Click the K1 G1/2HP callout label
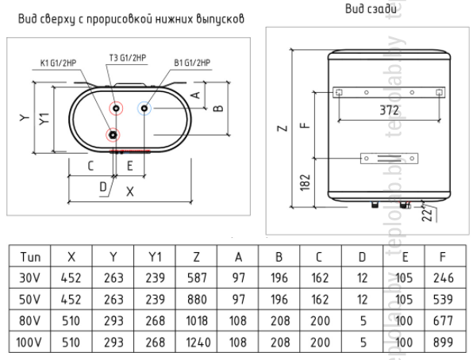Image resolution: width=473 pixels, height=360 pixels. [58, 63]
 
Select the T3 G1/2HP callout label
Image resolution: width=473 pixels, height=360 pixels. [128, 58]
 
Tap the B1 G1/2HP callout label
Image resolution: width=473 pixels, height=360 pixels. [192, 63]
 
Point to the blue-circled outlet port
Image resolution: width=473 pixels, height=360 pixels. [144, 109]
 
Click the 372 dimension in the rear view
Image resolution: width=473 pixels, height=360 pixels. [389, 110]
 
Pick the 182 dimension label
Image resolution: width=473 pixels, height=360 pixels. [306, 182]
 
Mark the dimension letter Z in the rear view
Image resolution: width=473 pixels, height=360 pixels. [283, 128]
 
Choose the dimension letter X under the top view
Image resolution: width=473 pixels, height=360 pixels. [130, 191]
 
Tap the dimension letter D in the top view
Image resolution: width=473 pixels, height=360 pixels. [103, 187]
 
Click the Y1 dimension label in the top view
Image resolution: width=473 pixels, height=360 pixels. [44, 118]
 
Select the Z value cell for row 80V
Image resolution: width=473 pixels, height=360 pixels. [196, 321]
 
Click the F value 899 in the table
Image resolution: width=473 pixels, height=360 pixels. [443, 343]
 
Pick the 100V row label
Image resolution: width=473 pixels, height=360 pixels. [29, 343]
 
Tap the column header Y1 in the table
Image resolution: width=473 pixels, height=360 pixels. [155, 257]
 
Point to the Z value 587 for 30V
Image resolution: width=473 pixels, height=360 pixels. [197, 278]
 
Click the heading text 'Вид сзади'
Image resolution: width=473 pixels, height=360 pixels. [371, 9]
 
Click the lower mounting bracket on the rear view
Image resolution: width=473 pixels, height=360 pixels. [389, 159]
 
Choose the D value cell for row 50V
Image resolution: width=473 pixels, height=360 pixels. [363, 299]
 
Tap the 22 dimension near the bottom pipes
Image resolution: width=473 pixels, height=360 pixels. [427, 214]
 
